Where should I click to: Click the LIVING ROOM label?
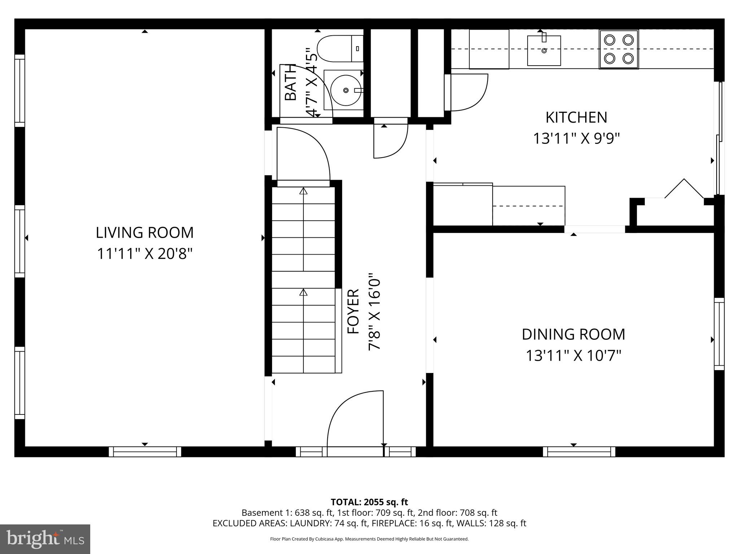point(144,233)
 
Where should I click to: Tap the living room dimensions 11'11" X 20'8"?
point(144,254)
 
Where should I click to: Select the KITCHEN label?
point(576,118)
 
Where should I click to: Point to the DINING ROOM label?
point(573,334)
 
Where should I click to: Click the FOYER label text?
point(353,311)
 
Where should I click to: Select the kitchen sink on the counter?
point(544,50)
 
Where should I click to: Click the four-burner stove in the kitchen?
point(618,49)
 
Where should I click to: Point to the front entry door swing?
point(355,418)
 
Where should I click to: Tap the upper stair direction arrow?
point(303,191)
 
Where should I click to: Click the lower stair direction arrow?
point(303,292)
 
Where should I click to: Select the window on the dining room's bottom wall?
point(579,452)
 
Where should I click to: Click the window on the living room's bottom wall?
point(145,452)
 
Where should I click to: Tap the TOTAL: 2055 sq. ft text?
point(369,502)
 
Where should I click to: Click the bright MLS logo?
point(45,539)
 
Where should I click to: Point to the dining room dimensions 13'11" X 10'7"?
point(573,356)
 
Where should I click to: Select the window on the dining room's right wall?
point(719,334)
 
